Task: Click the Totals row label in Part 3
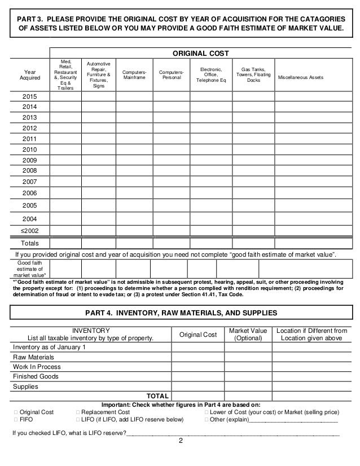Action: click(x=30, y=243)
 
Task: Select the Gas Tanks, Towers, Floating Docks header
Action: click(x=253, y=73)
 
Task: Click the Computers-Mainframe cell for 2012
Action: click(x=135, y=128)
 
